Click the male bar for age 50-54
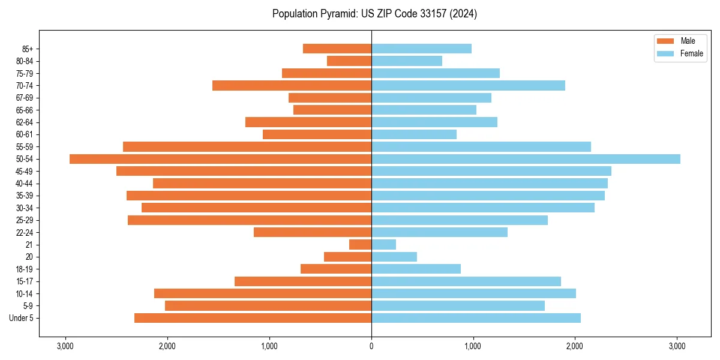coord(220,159)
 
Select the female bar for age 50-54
coord(526,159)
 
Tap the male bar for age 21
coord(360,245)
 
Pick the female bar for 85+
coord(421,49)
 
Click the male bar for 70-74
coord(292,86)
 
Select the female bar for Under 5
coord(476,318)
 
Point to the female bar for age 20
coord(394,257)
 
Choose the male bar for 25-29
coord(250,220)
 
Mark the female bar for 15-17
coord(466,281)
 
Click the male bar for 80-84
coord(349,61)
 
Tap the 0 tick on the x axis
coord(371,346)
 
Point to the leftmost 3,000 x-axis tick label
coord(65,346)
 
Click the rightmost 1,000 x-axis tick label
coord(473,346)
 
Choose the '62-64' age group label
coord(25,122)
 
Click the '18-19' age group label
coord(25,269)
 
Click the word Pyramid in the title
coord(337,14)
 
